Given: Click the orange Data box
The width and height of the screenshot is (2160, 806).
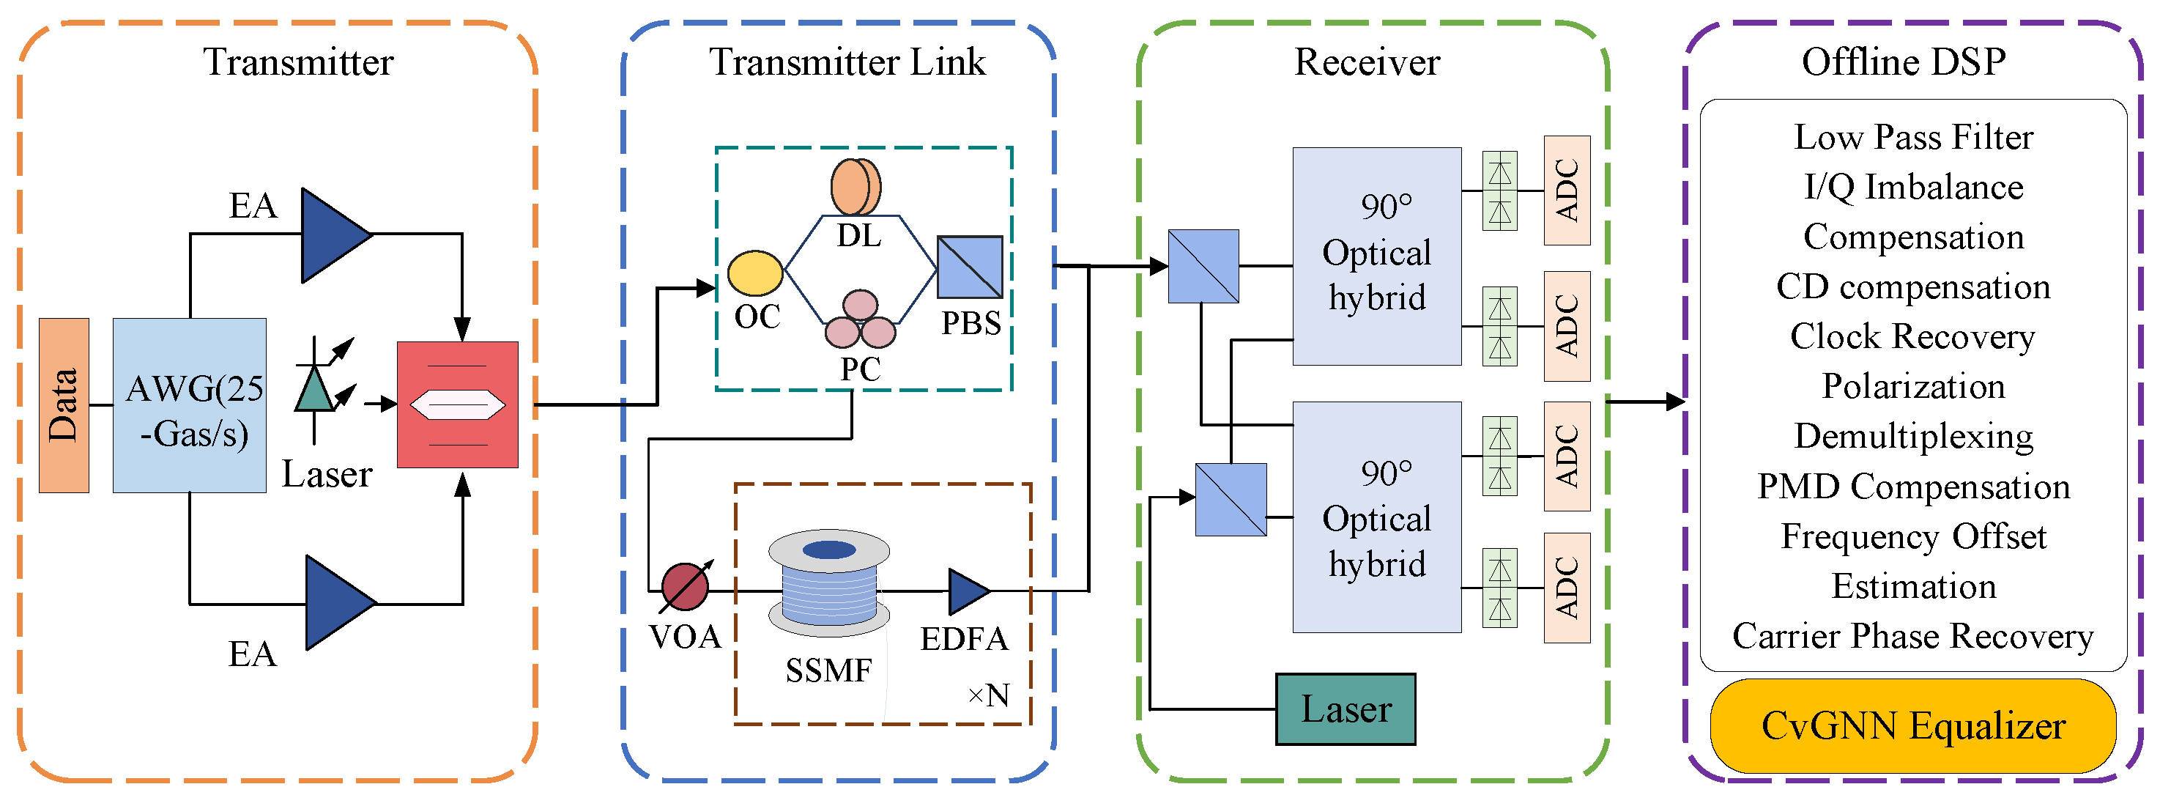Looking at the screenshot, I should (64, 405).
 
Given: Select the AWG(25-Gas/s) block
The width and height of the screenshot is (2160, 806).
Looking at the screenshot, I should (190, 405).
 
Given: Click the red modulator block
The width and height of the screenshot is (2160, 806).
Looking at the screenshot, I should (457, 404).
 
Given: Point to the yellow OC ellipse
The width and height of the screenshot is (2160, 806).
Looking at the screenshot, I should (754, 273).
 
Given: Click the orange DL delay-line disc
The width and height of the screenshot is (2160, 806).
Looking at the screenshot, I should (856, 188).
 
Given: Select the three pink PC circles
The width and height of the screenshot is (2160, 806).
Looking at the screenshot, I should (861, 320).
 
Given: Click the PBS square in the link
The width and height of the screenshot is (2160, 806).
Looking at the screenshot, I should (969, 267).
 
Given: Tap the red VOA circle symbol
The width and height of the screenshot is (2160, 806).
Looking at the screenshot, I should (685, 586).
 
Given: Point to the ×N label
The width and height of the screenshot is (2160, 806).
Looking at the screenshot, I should (988, 695).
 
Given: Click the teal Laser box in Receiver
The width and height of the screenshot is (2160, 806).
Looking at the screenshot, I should (1345, 709).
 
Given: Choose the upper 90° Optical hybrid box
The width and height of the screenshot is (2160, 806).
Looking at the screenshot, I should (1376, 256).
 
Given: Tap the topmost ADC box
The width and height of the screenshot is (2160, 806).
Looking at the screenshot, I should (1566, 191).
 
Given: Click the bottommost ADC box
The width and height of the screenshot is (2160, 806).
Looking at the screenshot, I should (1566, 588).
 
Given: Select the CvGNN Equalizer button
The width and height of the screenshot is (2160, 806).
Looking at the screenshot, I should (1912, 726).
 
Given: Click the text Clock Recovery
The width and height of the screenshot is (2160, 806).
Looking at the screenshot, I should (1912, 336).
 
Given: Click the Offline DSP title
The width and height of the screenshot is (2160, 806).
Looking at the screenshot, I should (1904, 62).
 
